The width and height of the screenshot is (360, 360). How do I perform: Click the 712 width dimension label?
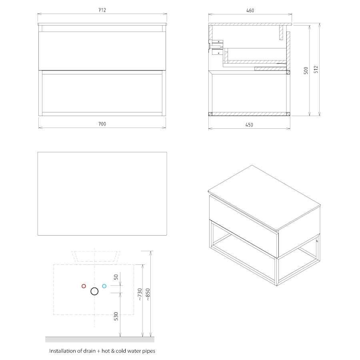click(102, 10)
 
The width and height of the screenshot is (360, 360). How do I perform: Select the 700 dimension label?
click(102, 124)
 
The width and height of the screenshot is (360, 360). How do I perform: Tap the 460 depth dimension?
click(250, 10)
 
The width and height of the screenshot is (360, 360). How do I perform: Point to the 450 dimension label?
click(249, 125)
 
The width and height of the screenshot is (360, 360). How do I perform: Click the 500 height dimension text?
click(306, 70)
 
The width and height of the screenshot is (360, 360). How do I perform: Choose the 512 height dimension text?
click(316, 69)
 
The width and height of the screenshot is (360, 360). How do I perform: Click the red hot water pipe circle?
click(84, 286)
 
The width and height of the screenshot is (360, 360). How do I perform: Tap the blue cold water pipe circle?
click(104, 286)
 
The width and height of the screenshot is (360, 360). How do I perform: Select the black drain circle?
click(94, 291)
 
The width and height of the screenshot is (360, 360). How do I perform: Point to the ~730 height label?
click(140, 294)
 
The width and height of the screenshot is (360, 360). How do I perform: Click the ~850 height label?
click(148, 294)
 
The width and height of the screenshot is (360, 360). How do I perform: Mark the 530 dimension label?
click(116, 316)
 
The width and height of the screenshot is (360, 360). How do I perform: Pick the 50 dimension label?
click(116, 277)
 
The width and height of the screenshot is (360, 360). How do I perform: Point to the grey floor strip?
click(100, 340)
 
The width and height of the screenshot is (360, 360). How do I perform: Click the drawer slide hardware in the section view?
click(216, 47)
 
